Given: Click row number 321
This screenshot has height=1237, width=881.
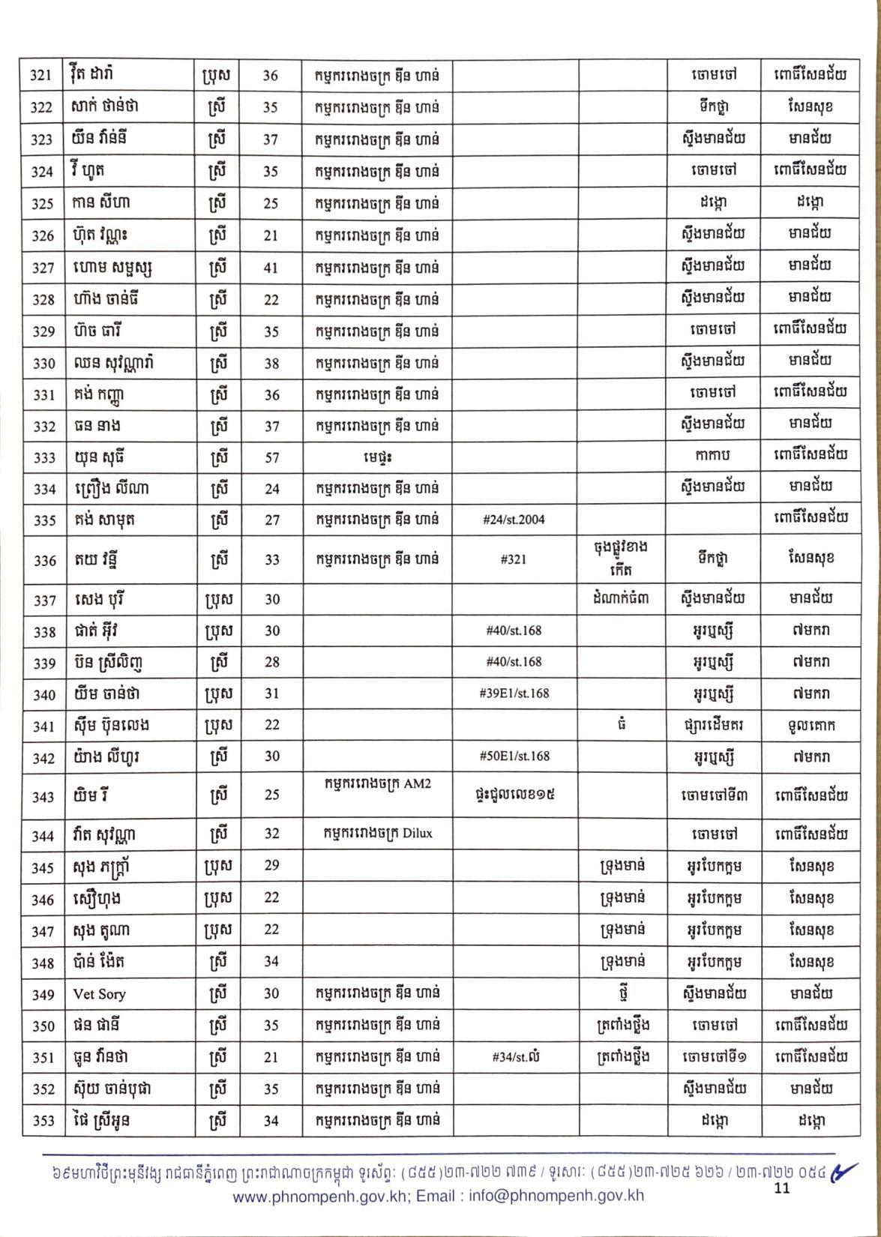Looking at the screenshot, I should [x=40, y=75].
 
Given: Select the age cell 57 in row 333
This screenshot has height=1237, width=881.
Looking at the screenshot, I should [x=271, y=457].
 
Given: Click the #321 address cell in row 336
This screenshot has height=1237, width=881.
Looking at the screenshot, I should [x=514, y=559].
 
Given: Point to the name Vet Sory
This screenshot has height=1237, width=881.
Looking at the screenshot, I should [x=99, y=994].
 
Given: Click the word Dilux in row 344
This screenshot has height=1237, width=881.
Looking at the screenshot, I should [x=418, y=832].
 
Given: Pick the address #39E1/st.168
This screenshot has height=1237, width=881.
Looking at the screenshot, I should [x=514, y=693].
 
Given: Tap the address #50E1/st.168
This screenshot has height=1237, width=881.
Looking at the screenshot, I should [x=514, y=756].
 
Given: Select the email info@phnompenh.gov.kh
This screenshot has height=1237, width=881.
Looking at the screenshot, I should [x=556, y=1197].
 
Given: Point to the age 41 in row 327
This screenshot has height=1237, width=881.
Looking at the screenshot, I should [x=271, y=268].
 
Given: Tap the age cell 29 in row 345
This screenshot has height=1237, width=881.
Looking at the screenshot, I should [x=271, y=866].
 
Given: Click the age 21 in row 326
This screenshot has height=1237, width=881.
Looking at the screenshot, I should [x=271, y=235].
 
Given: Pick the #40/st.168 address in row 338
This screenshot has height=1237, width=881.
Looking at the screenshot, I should [x=514, y=630].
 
